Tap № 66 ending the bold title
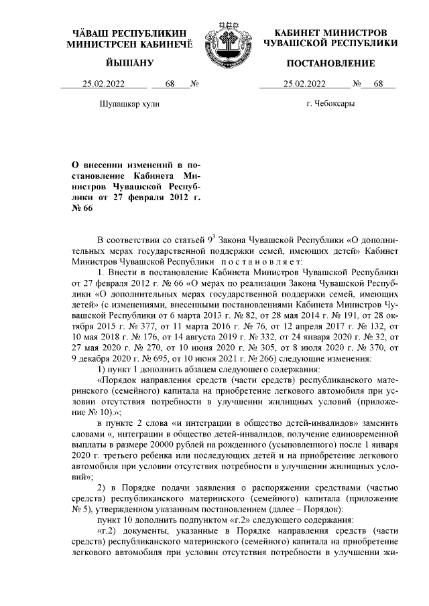click(x=84, y=208)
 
